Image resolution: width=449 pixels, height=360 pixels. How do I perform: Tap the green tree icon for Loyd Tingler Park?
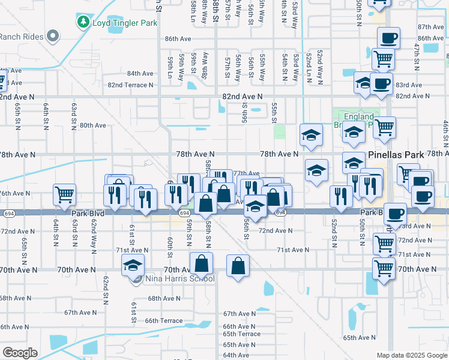(x=83, y=22)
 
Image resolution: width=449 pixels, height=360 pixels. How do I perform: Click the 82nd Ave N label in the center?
(x=242, y=96)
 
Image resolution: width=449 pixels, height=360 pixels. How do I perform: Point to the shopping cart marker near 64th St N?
(x=64, y=194)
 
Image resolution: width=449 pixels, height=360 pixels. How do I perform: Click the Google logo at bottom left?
(x=20, y=353)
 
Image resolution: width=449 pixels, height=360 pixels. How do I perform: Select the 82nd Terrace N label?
(x=130, y=85)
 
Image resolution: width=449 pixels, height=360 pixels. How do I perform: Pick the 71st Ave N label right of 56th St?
(x=292, y=250)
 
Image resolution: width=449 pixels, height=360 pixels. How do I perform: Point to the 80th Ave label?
(x=93, y=125)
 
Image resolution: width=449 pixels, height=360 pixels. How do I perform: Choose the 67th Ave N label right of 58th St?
(x=240, y=314)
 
